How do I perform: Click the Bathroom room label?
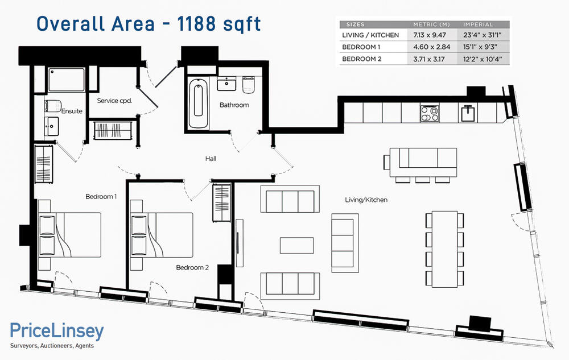click(x=234, y=105)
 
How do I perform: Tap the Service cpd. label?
click(x=114, y=101)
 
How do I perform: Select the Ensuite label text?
click(x=72, y=111)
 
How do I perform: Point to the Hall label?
click(x=211, y=159)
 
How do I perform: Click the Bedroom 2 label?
click(x=192, y=267)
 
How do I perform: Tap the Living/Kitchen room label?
click(x=366, y=200)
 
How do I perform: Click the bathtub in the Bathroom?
click(x=198, y=104)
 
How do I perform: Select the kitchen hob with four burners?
click(x=430, y=113)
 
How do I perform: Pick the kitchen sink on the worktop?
click(x=468, y=113)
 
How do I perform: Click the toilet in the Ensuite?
click(x=53, y=106)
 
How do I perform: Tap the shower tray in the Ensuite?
click(x=67, y=80)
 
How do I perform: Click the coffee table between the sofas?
click(x=297, y=246)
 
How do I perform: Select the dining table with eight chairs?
click(x=444, y=249)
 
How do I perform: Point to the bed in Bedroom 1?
click(x=69, y=234)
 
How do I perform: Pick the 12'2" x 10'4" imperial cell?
click(x=483, y=59)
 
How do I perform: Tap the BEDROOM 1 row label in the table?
click(x=361, y=47)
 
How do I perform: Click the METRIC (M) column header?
click(x=431, y=24)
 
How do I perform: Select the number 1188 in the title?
click(x=196, y=24)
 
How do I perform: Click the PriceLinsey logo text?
click(x=57, y=330)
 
